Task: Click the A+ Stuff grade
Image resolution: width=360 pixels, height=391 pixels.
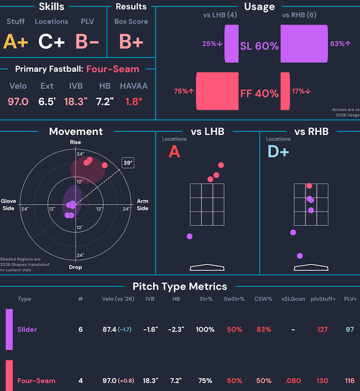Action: (15, 41)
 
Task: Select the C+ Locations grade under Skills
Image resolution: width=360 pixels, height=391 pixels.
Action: (51, 41)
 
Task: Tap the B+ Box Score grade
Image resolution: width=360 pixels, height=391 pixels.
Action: (131, 41)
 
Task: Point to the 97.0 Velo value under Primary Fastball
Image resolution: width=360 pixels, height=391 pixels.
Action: (18, 102)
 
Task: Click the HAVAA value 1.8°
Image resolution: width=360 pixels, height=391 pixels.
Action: (134, 102)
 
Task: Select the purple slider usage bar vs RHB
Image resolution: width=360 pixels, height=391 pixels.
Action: (304, 43)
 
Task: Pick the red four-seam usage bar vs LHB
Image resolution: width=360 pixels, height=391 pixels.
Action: (217, 91)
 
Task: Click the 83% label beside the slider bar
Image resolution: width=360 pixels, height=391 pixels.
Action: (340, 43)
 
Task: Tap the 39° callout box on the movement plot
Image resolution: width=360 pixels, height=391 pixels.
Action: (128, 163)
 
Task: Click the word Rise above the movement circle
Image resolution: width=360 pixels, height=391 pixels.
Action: (75, 142)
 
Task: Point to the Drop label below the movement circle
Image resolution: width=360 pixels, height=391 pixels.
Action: (75, 267)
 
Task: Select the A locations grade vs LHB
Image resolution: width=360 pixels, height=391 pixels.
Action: (174, 152)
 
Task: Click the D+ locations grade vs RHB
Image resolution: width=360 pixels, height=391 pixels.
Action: (278, 152)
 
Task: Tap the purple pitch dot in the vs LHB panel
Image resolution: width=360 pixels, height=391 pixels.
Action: (190, 236)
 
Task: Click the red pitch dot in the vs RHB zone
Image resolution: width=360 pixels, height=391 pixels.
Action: (309, 186)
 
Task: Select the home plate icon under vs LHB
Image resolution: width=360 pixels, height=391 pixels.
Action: (207, 267)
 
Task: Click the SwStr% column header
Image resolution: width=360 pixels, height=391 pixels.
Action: (234, 299)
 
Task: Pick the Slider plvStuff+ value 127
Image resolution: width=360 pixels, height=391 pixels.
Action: (322, 329)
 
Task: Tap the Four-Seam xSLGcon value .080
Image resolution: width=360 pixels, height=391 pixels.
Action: (293, 381)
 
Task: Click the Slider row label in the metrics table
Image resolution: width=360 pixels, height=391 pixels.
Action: (27, 329)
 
